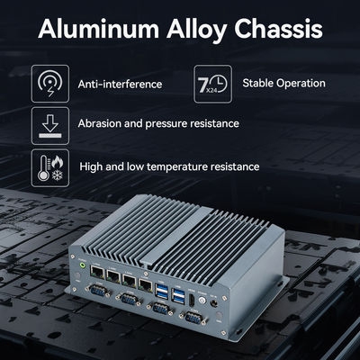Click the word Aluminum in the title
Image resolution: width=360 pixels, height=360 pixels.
(98, 29)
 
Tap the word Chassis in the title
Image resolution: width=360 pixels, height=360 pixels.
(278, 29)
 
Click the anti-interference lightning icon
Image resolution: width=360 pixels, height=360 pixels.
(50, 84)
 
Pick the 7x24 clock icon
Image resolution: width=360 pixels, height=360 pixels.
(212, 84)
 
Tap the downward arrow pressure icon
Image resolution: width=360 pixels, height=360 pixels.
(50, 126)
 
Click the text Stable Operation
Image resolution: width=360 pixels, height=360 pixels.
(283, 83)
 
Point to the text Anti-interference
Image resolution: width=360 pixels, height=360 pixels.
(120, 84)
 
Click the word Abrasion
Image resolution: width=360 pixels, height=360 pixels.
(99, 123)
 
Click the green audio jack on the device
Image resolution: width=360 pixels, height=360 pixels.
(82, 265)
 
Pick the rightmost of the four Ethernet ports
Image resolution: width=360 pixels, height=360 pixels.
(145, 283)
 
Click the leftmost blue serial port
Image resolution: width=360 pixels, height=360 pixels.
(97, 291)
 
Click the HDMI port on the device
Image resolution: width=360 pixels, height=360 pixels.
(192, 300)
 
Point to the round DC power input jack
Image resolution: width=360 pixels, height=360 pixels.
(214, 303)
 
